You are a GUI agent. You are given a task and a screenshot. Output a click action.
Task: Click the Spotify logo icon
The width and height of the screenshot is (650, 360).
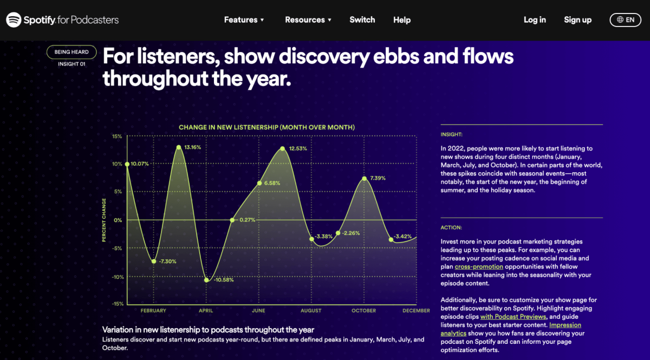pos(14,19)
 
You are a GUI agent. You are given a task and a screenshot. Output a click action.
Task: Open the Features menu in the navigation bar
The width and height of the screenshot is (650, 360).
pos(244,19)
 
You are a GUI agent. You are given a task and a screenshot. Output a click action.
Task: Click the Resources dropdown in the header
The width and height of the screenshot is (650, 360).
pos(308,19)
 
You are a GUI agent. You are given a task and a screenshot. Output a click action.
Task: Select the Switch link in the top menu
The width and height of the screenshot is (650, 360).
pos(362,19)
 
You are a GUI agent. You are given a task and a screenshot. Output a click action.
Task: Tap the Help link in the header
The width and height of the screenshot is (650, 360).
pos(402,20)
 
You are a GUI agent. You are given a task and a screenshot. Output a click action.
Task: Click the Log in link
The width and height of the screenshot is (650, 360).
pos(535,19)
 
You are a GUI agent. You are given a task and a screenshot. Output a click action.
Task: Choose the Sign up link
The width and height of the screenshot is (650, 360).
pos(577,20)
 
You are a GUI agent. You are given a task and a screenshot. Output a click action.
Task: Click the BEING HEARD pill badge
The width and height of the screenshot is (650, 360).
pos(71,52)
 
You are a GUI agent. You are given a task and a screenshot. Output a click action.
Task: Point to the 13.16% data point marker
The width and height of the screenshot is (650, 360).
pos(179,147)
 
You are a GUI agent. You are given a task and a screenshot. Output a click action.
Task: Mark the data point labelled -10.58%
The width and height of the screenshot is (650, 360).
pos(206,280)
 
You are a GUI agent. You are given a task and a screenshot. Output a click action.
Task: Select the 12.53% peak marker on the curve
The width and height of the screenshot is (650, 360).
pos(283,148)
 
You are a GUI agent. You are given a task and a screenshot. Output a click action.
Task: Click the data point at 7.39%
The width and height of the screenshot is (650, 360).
pos(365,179)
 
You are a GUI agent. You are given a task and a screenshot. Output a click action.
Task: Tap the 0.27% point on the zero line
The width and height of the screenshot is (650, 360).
pos(232,220)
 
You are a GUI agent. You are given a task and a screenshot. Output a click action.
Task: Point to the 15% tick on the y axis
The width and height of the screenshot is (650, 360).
pos(117,136)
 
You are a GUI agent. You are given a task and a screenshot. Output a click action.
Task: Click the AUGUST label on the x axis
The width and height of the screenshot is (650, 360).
pos(311,311)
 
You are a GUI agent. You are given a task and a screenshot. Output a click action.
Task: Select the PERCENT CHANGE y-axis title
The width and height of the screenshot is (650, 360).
pos(104,220)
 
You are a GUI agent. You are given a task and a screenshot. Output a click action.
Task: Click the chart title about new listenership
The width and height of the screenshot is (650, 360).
pos(266,127)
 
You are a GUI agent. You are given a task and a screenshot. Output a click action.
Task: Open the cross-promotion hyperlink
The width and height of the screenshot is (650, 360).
pos(479,266)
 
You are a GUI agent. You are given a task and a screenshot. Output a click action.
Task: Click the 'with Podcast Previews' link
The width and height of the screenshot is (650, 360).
pos(513,317)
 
